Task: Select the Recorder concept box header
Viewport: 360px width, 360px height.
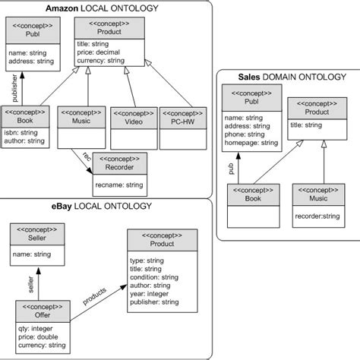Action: pos(120,166)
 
